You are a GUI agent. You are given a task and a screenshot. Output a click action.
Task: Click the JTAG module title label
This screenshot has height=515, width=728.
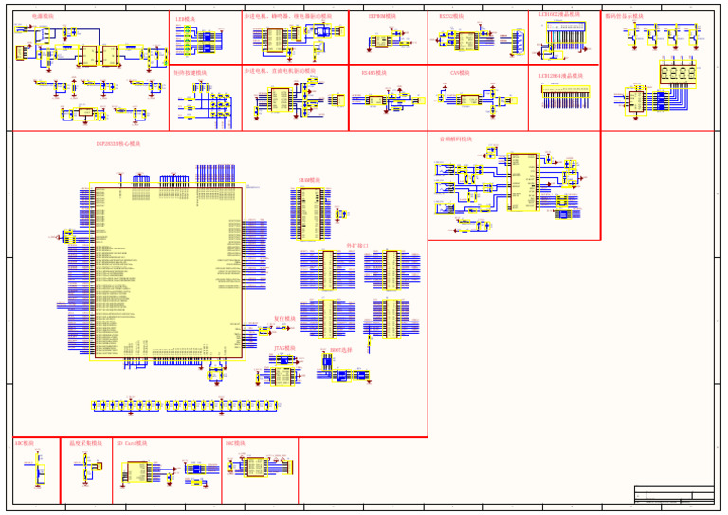click(x=284, y=349)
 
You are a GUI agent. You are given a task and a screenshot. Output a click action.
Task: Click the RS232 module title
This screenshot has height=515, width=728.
click(x=452, y=17)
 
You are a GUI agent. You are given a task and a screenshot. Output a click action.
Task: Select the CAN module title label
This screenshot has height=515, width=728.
click(x=458, y=73)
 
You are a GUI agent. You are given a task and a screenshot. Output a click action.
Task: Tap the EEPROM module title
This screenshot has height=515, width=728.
click(x=382, y=17)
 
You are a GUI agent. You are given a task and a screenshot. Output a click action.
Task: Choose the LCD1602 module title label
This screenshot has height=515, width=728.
click(x=559, y=15)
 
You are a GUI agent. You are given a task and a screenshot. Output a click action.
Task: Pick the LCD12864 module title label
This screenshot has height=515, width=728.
click(x=560, y=76)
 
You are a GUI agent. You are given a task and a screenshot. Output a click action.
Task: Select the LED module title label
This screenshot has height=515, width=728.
click(x=186, y=18)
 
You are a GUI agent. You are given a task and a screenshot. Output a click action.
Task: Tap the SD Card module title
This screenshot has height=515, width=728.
click(x=132, y=443)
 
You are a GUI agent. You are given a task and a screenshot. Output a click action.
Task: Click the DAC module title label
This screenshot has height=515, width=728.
click(x=235, y=443)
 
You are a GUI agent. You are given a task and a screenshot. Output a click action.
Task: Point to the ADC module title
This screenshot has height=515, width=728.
click(x=25, y=443)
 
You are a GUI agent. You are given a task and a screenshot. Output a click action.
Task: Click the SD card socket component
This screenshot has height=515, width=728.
click(x=136, y=471)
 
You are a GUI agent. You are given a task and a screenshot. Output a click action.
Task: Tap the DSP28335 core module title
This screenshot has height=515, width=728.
click(x=118, y=144)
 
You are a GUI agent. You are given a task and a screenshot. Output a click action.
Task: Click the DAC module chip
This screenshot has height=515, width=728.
click(x=256, y=467)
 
